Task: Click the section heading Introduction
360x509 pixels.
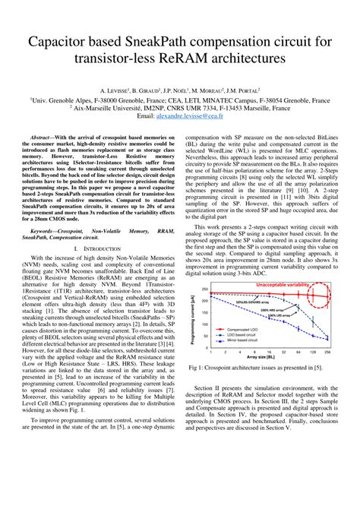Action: (102, 248)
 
